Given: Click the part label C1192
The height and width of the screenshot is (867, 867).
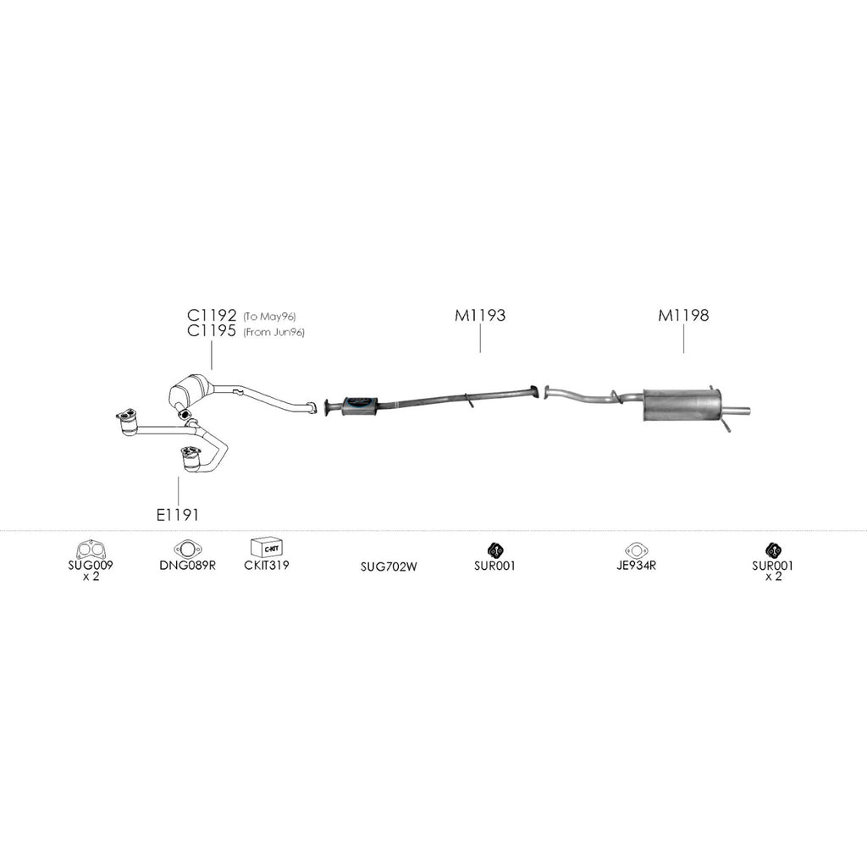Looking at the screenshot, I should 212,316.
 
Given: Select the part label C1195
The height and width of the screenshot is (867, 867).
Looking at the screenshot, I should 212,332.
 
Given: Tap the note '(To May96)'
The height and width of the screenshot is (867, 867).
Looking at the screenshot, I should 269,317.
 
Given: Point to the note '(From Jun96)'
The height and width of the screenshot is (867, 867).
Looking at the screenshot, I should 273,333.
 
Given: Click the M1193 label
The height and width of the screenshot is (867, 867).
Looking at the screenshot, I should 480,316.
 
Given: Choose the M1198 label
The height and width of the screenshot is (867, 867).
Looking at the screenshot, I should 683,316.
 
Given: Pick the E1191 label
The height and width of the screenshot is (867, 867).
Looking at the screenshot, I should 178,513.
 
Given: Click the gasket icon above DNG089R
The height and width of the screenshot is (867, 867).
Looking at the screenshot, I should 187,549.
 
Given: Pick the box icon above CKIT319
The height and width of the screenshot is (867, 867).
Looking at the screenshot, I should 266,547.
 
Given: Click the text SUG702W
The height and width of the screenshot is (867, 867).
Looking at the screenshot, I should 389,566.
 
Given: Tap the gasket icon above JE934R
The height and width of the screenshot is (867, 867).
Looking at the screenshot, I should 636,549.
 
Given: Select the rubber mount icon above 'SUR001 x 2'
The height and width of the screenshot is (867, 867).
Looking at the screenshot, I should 772,549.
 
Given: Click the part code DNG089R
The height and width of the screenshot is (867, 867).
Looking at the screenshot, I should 187,565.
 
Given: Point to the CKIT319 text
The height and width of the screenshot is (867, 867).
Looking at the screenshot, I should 266,565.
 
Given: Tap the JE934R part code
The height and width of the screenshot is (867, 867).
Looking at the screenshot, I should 636,565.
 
